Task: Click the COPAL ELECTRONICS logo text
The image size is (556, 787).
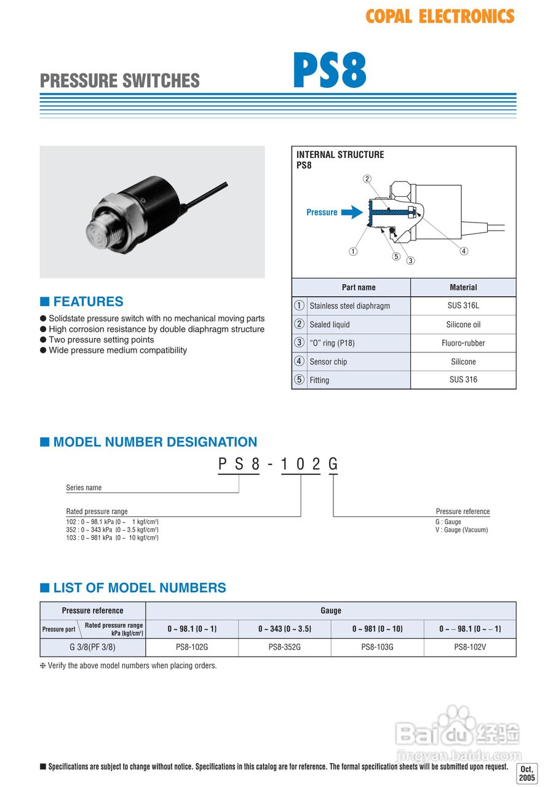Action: point(440,17)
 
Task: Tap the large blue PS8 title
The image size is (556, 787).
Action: point(330,71)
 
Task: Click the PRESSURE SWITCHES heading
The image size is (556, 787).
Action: point(120,81)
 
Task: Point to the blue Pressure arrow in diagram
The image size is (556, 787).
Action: point(351,212)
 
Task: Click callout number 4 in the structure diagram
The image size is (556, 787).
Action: point(464,251)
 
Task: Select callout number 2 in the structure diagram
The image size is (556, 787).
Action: point(367,179)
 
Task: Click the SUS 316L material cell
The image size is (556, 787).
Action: point(463,306)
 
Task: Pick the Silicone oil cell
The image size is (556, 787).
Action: point(463,325)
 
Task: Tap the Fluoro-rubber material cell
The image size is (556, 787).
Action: point(463,343)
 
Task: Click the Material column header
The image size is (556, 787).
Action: point(463,287)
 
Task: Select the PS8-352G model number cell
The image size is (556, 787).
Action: point(285,647)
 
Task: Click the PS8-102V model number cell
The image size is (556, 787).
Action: point(470,647)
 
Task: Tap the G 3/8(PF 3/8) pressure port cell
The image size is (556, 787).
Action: point(92,647)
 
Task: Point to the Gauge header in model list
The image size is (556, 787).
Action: point(331,611)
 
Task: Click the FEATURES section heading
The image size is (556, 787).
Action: point(88,301)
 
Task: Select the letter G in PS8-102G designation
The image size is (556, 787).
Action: point(333,464)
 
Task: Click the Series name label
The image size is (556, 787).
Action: point(84,488)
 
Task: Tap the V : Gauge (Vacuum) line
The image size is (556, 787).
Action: point(461,530)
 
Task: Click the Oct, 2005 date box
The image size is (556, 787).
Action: point(528,773)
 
